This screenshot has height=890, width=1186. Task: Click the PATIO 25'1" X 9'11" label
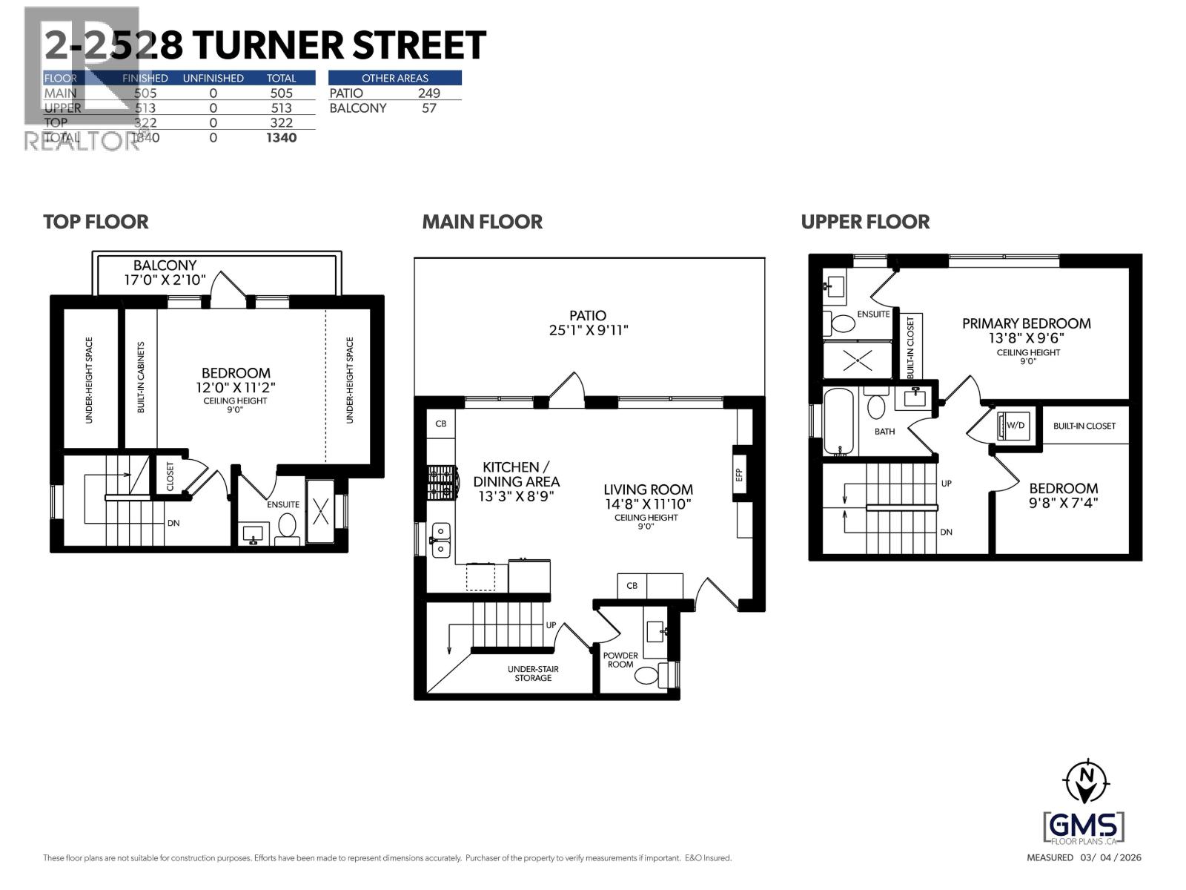tap(588, 323)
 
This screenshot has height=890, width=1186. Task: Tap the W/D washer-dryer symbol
tap(1014, 426)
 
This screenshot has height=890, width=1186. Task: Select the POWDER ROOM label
tap(620, 659)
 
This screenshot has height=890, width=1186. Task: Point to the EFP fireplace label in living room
tap(739, 475)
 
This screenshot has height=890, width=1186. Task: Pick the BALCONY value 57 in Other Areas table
tap(428, 108)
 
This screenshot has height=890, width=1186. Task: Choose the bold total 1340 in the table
tap(281, 137)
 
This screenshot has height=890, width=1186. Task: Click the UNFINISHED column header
tap(213, 78)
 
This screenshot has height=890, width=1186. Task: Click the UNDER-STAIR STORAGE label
tap(533, 673)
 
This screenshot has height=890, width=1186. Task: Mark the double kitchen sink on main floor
tap(440, 540)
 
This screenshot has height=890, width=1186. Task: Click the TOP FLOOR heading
tap(96, 222)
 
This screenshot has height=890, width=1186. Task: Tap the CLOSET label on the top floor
tap(170, 477)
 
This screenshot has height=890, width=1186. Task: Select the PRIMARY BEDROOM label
tap(1026, 323)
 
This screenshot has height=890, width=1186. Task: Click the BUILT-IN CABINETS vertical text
tap(141, 377)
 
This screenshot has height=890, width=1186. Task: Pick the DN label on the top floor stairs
tap(173, 523)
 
